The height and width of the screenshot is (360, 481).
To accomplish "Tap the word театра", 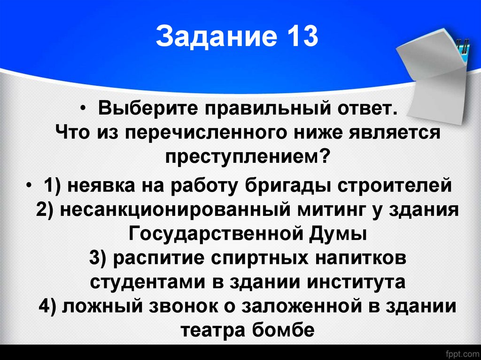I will coord(209,330).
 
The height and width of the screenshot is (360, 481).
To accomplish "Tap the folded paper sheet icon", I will coord(434,66).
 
